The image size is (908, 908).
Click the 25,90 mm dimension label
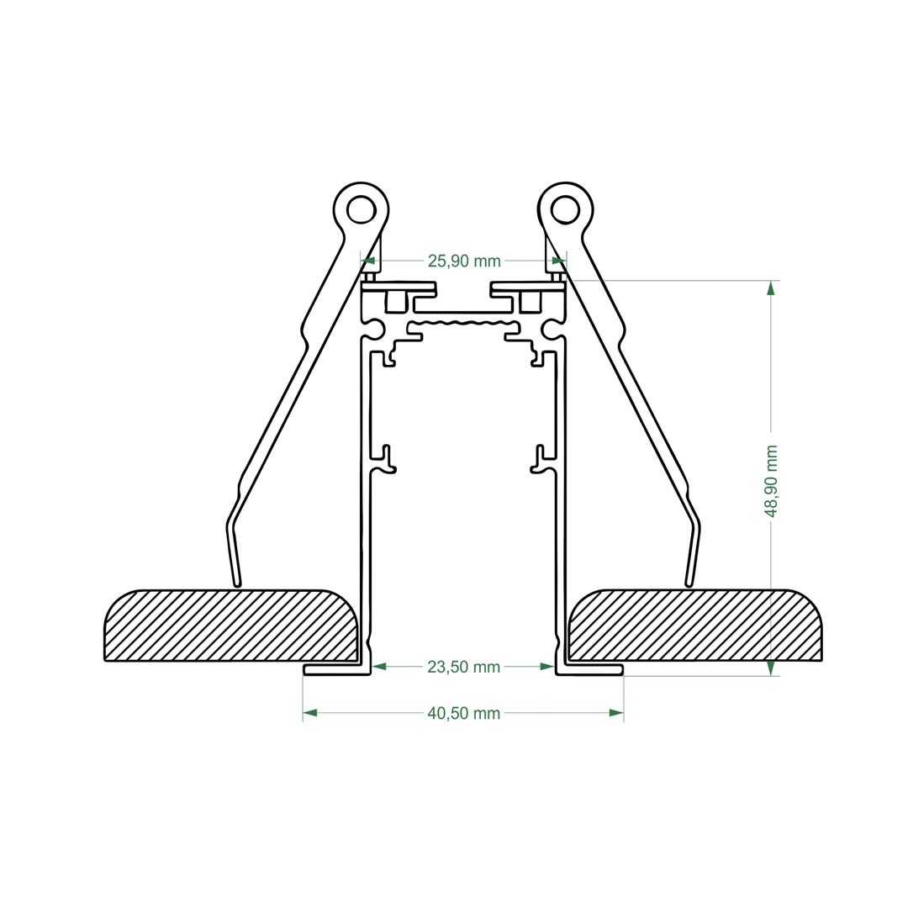[464, 261]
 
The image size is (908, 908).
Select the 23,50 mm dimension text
[463, 667]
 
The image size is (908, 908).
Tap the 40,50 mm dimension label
[463, 713]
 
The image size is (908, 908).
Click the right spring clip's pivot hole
[565, 208]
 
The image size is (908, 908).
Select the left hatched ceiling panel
[232, 626]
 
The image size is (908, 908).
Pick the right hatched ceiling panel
[695, 626]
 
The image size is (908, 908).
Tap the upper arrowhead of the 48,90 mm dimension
[770, 288]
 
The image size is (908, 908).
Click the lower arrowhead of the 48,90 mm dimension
[770, 668]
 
